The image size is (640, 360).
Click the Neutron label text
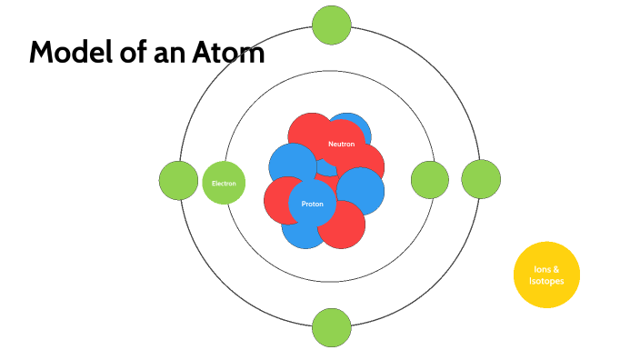pos(341,145)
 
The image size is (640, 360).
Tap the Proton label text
pos(312,204)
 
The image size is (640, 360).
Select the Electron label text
pos(224,184)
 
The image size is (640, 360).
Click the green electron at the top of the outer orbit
pos(331,25)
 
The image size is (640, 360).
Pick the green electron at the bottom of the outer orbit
pos(331,327)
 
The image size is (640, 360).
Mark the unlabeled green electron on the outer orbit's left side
pos(178,180)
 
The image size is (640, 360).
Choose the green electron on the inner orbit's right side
pos(430,180)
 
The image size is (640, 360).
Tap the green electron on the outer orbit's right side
pos(482,178)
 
